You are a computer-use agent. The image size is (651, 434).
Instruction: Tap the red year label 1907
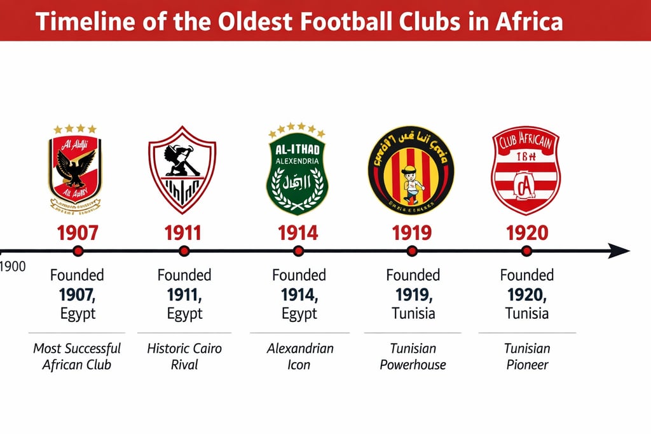click(78, 233)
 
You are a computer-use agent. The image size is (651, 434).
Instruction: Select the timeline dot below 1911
click(184, 251)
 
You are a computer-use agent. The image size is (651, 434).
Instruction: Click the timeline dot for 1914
click(298, 251)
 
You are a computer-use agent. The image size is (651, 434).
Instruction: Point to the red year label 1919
click(412, 233)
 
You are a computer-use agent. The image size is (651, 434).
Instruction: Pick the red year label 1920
click(526, 233)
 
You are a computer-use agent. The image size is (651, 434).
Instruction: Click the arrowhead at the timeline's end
click(619, 251)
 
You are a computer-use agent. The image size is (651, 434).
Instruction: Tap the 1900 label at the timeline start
click(13, 267)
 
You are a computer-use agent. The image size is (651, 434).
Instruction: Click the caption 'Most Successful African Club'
click(77, 356)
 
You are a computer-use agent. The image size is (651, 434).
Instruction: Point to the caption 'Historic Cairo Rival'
click(184, 356)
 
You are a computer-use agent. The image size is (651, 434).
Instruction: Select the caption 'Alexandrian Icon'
click(300, 356)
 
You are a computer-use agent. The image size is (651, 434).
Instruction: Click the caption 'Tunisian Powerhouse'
click(413, 356)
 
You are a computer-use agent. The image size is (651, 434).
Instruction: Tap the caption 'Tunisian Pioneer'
click(527, 356)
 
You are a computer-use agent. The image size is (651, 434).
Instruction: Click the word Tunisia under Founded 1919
click(413, 313)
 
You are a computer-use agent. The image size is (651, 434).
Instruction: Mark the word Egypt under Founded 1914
click(299, 313)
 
